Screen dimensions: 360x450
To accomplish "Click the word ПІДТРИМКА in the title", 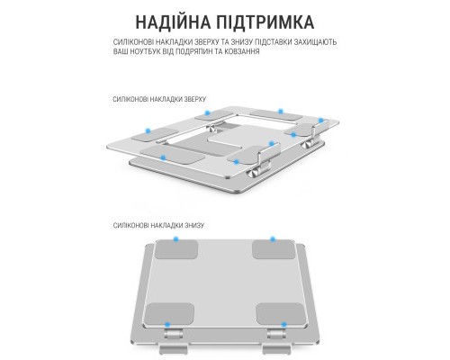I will [x=266, y=22].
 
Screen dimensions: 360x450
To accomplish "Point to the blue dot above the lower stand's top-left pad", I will [x=176, y=241].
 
